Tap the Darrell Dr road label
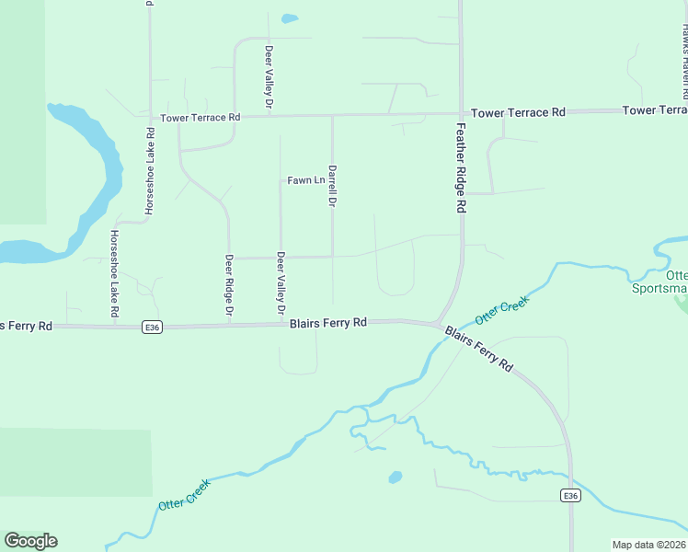pyautogui.click(x=332, y=186)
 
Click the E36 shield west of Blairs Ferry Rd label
pyautogui.click(x=153, y=327)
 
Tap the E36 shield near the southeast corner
pyautogui.click(x=571, y=496)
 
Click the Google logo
pyautogui.click(x=30, y=541)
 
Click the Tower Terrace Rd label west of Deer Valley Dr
pyautogui.click(x=200, y=118)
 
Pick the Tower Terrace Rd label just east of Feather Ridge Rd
pyautogui.click(x=518, y=112)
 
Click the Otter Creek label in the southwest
pyautogui.click(x=184, y=494)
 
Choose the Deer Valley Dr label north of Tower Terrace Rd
pyautogui.click(x=269, y=76)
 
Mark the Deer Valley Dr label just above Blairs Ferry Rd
pyautogui.click(x=281, y=284)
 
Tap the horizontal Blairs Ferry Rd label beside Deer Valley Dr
pyautogui.click(x=328, y=323)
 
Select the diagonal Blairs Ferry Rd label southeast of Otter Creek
pyautogui.click(x=478, y=350)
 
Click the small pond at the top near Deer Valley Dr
pyautogui.click(x=290, y=18)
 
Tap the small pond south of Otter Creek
pyautogui.click(x=396, y=477)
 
